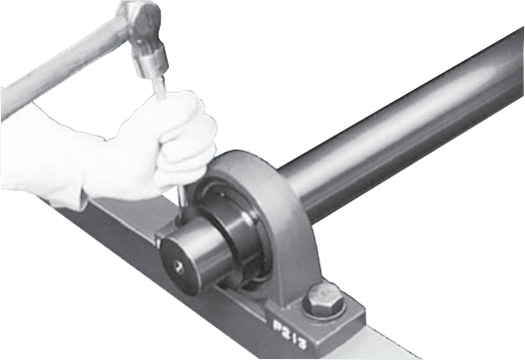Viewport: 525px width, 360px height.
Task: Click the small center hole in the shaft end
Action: pyautogui.click(x=179, y=267)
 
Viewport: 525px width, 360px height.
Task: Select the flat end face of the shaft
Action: pyautogui.click(x=180, y=266)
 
